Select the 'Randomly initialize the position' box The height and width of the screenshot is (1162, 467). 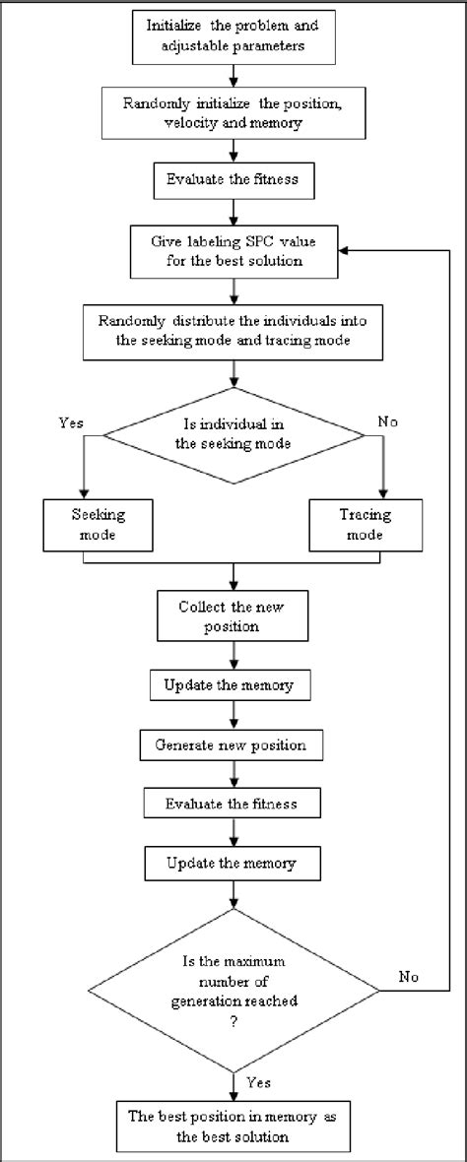click(x=232, y=114)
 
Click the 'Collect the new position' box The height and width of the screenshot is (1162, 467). click(x=232, y=615)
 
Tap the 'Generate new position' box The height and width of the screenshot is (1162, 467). click(x=232, y=745)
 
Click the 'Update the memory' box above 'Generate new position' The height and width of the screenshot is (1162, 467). click(x=232, y=683)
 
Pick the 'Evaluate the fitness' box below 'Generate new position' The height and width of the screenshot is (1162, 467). click(x=232, y=805)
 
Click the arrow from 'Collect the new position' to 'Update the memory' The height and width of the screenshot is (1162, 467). click(x=232, y=655)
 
